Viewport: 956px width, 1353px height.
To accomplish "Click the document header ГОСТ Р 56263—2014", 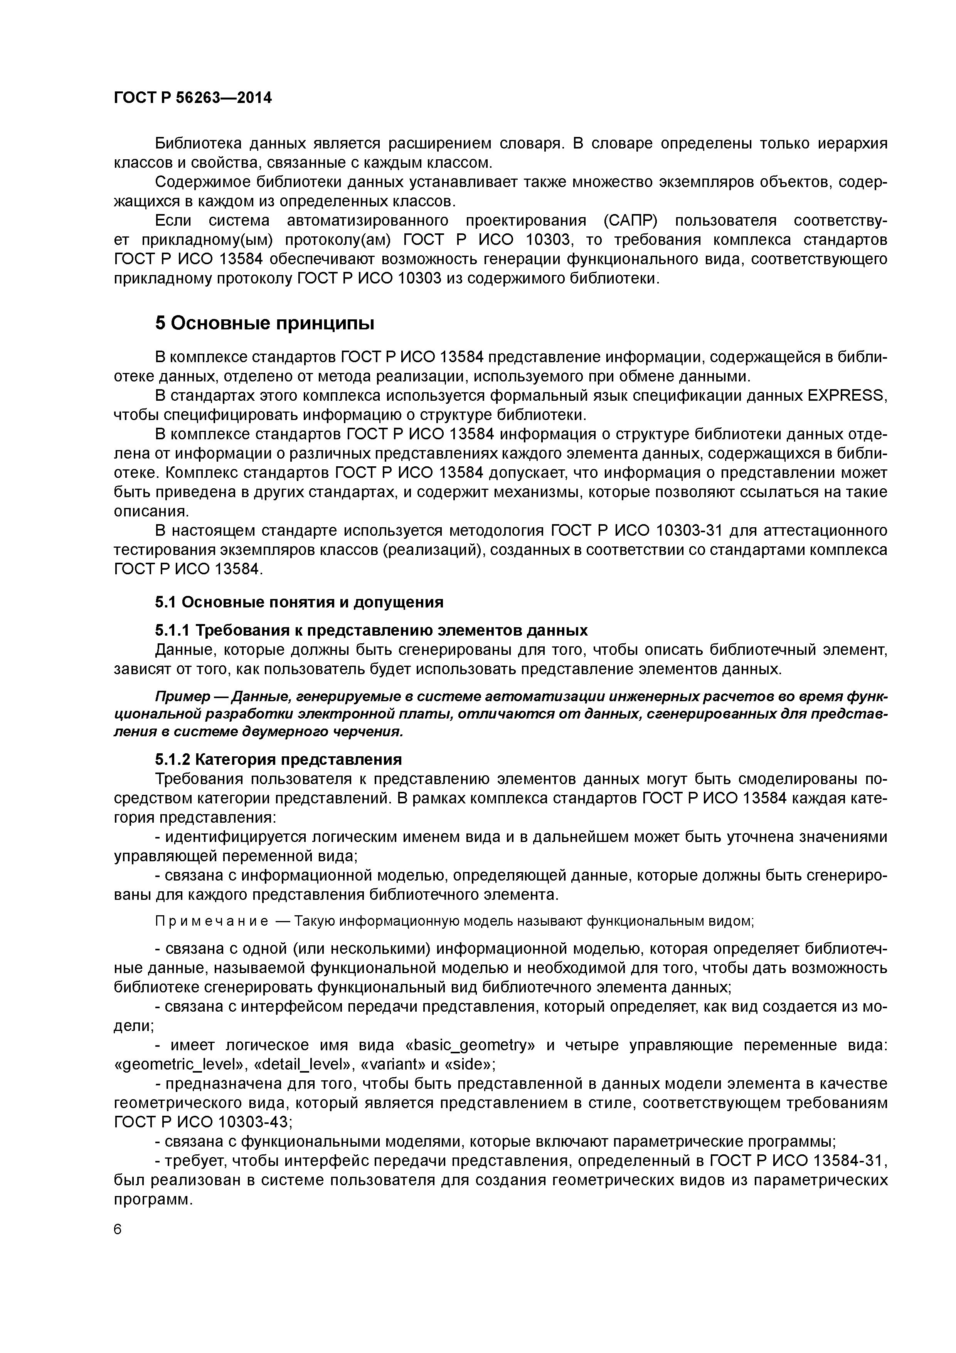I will pos(193,98).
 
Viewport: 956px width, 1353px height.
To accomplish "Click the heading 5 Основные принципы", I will pos(264,324).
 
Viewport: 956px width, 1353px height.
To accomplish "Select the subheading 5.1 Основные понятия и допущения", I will pos(299,602).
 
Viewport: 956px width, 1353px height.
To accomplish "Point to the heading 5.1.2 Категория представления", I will pos(278,759).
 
